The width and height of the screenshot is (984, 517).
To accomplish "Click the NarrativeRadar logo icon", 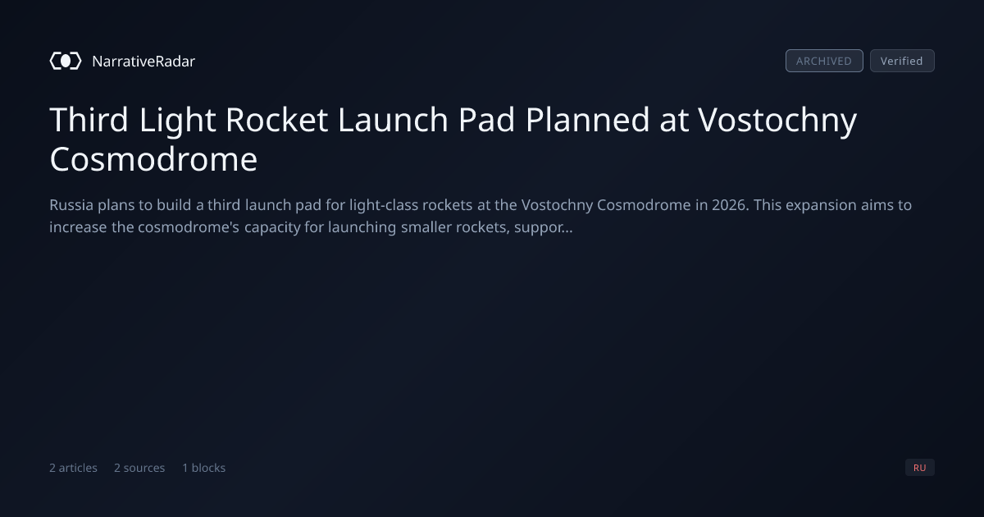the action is (66, 61).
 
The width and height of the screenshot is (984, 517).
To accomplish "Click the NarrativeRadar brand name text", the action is (143, 61).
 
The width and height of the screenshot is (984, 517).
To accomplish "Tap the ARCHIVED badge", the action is (824, 61).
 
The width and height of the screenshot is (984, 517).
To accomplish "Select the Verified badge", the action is (902, 61).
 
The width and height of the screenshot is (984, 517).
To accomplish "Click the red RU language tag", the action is (919, 467).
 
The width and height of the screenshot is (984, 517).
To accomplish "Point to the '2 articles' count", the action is (73, 468).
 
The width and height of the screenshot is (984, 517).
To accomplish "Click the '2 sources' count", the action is (139, 468).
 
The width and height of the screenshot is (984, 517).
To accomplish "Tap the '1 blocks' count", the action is (204, 468).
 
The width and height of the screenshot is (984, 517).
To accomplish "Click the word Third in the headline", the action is (89, 120).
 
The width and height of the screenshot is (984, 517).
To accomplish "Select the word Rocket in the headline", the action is (277, 120).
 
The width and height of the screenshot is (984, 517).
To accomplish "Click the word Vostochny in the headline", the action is (777, 121).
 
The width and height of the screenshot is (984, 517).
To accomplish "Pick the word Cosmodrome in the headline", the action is (153, 159).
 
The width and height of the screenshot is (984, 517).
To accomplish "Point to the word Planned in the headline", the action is (587, 120).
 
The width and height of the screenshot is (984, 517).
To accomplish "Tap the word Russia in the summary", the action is (71, 205).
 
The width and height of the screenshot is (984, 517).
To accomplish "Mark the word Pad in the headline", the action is (486, 120).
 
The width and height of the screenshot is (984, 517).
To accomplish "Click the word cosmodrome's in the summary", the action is (189, 226).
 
